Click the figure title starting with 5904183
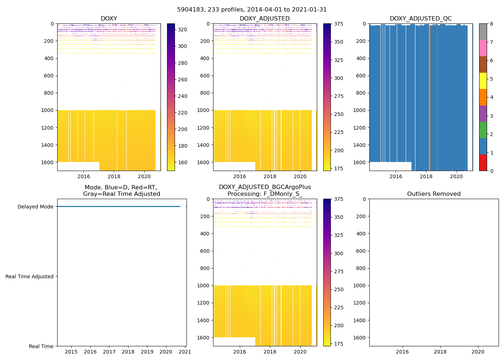tap(252, 10)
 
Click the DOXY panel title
tap(109, 19)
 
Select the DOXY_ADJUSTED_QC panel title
tap(420, 19)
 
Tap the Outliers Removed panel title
tap(434, 194)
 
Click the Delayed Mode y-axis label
tap(35, 207)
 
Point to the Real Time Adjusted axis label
tap(30, 276)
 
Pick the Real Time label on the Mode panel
tap(41, 346)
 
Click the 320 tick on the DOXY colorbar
tap(183, 30)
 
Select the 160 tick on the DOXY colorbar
tap(183, 162)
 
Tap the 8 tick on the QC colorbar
tap(491, 24)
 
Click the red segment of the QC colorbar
tap(483, 162)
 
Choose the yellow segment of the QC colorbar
tap(483, 81)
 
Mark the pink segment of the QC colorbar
tap(483, 48)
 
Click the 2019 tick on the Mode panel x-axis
tap(147, 352)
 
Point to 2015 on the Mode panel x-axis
tap(71, 352)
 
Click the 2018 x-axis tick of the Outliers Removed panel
tap(440, 352)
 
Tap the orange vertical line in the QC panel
tap(437, 97)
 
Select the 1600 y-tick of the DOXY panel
tap(48, 162)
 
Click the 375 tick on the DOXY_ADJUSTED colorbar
tap(338, 24)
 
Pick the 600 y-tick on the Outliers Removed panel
tap(361, 251)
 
